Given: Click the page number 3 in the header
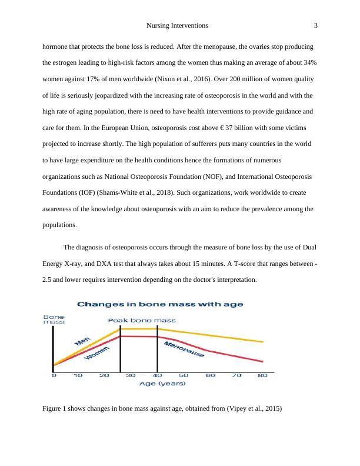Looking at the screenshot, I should click(x=316, y=26).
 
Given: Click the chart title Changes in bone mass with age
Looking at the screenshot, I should click(x=161, y=304).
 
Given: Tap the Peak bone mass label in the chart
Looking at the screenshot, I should click(x=141, y=320).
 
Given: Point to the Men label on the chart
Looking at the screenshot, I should click(x=82, y=339).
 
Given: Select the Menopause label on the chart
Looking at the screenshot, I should click(x=184, y=349).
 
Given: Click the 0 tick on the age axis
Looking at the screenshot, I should click(x=54, y=375).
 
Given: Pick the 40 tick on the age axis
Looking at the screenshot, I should click(x=157, y=375).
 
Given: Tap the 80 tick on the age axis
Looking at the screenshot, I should click(x=262, y=375).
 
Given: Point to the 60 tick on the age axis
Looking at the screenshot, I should click(x=210, y=375).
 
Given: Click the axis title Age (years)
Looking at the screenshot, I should click(x=162, y=384).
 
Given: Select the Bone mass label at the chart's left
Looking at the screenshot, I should click(x=54, y=319).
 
